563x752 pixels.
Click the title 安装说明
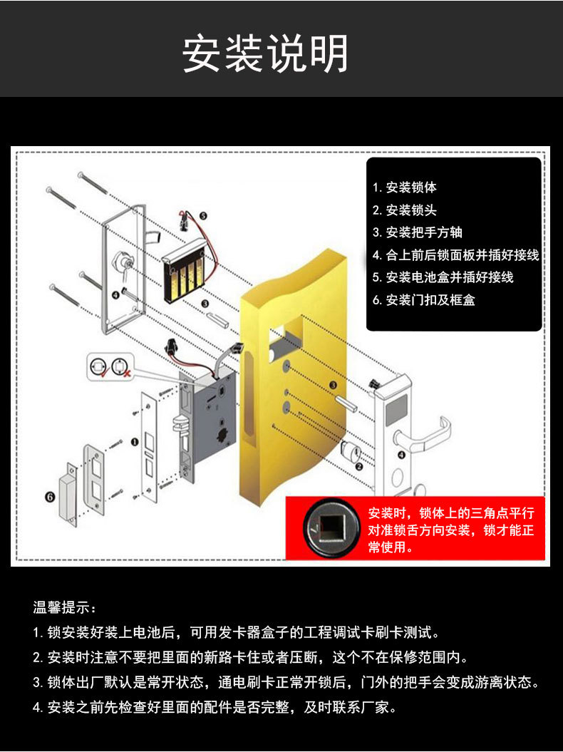265,53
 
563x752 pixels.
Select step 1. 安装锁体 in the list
404,187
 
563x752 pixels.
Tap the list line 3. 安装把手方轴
417,232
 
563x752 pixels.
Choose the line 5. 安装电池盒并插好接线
443,277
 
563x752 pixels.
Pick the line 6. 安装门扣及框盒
423,300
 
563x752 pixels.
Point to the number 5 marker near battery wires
203,216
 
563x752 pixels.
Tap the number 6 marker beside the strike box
50,497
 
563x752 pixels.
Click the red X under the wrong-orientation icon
127,373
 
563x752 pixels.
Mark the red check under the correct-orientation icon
103,373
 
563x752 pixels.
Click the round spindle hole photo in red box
331,527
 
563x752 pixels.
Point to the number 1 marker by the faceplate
135,442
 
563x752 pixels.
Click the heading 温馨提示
64,607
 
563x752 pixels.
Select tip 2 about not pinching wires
250,657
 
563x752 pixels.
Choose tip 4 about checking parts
215,707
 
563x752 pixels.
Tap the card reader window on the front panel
396,410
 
